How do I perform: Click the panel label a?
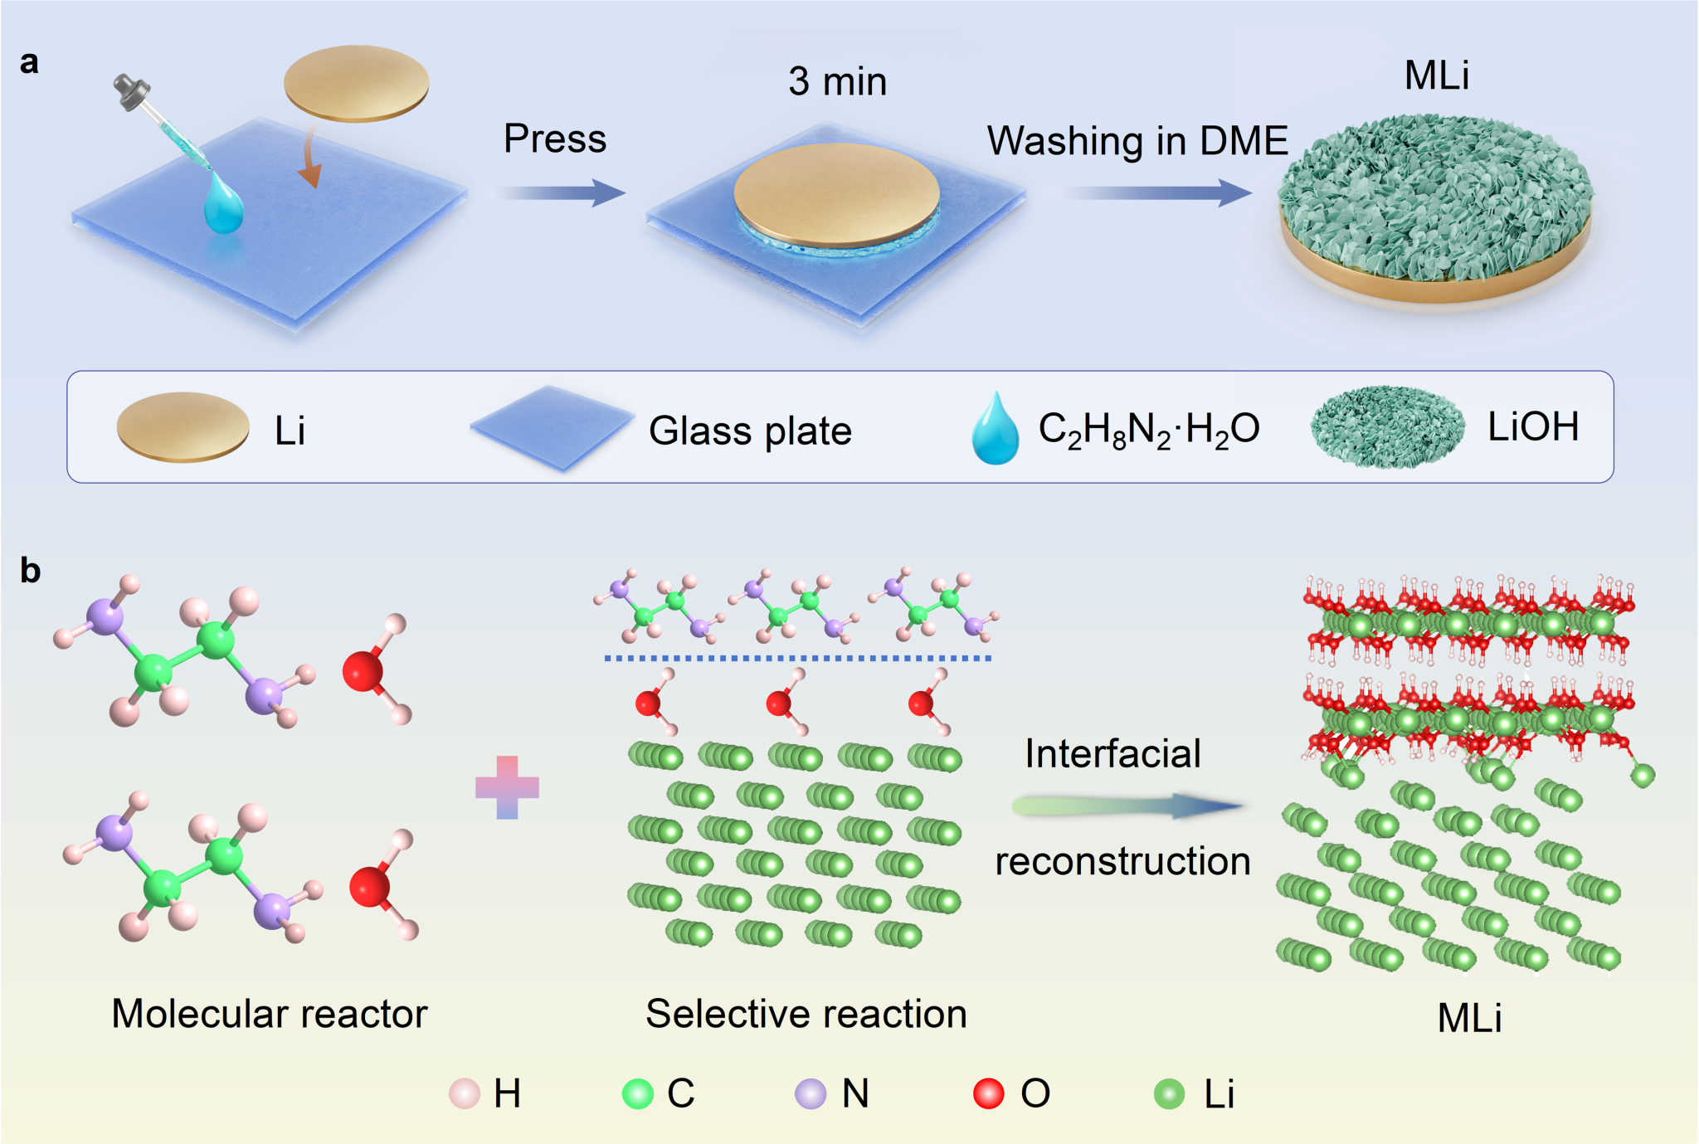point(29,63)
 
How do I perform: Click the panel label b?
point(30,571)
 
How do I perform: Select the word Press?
point(555,139)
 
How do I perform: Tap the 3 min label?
point(837,81)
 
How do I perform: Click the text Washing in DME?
point(1137,141)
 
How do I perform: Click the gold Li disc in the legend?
point(183,426)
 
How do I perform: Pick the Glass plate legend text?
point(750,431)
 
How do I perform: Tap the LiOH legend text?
point(1532,427)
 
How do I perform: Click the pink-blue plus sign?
point(507,787)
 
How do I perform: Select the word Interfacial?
point(1112,754)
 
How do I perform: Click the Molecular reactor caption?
point(270,1014)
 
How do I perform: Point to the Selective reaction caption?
point(806,1014)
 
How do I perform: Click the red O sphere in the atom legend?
point(988,1093)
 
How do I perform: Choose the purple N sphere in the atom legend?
point(811,1093)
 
